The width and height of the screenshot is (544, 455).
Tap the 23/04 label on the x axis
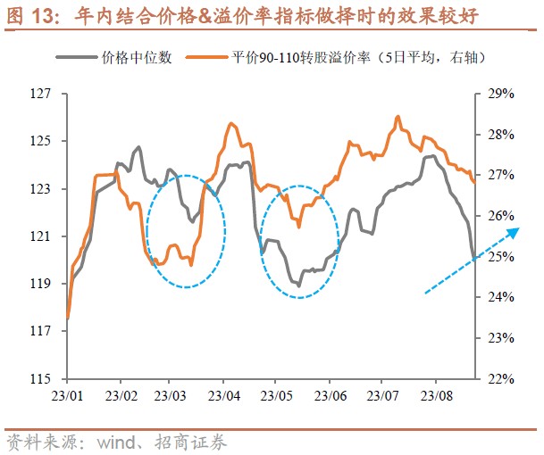tap(224, 393)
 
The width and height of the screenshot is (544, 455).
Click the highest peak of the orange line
tap(397, 116)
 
